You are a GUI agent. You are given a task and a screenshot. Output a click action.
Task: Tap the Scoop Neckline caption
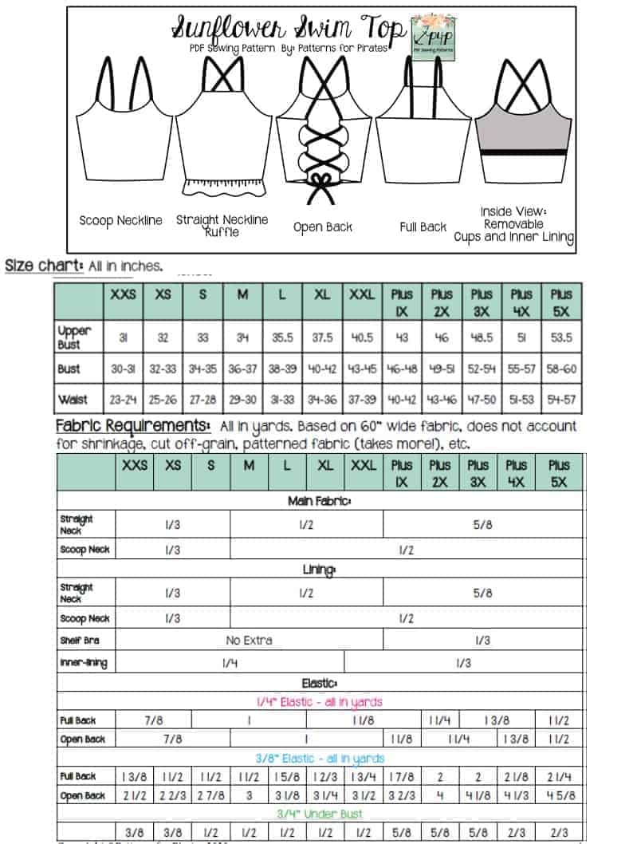click(120, 220)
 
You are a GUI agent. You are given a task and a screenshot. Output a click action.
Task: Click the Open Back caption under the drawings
click(322, 227)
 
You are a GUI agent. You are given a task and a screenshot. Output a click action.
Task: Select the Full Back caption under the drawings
click(423, 227)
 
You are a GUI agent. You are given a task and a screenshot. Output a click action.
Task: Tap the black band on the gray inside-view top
click(522, 152)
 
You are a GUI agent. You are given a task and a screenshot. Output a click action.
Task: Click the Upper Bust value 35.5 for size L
click(282, 337)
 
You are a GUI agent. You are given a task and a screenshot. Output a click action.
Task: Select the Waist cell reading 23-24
click(123, 398)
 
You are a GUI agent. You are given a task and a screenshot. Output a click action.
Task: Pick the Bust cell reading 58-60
click(560, 369)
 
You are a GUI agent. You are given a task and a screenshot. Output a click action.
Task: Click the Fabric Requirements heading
click(133, 426)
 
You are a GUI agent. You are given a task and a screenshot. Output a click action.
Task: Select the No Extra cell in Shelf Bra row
click(249, 640)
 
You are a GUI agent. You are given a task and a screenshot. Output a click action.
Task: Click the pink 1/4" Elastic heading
click(319, 701)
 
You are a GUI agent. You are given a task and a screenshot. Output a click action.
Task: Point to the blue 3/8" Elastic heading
click(319, 758)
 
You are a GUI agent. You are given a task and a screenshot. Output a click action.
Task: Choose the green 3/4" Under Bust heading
click(319, 814)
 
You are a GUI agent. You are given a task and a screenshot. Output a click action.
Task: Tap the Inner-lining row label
click(83, 662)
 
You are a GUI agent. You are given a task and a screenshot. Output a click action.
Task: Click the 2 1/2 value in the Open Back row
click(134, 795)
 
